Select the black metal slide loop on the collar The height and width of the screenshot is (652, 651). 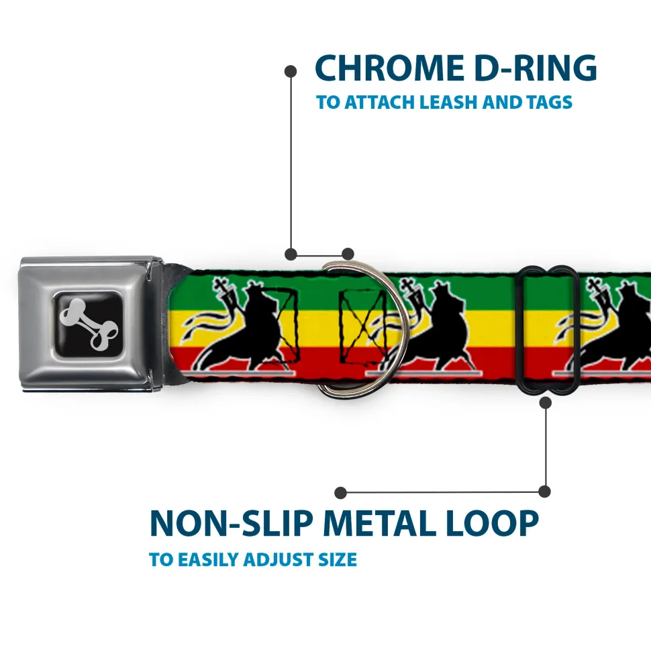click(548, 328)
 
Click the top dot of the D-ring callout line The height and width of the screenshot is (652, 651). click(291, 71)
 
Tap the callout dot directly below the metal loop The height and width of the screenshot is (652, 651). click(545, 402)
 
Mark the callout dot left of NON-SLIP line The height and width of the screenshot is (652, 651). click(341, 493)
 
